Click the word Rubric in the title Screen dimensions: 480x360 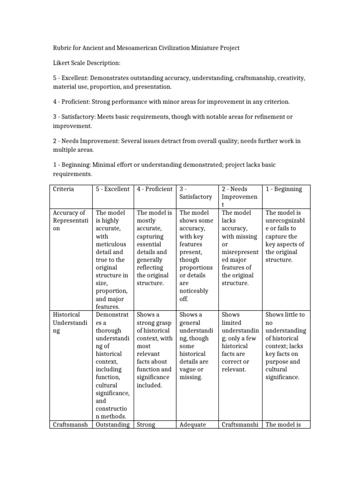62,48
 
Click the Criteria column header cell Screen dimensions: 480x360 64,189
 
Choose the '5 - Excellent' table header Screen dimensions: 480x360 112,189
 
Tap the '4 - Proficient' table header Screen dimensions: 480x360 154,189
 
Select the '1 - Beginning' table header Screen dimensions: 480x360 284,189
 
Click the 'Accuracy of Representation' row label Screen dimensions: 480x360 69,220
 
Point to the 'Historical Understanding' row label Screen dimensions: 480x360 69,322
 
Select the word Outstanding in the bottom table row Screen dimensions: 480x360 112,425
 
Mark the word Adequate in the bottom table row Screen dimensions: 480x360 193,425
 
